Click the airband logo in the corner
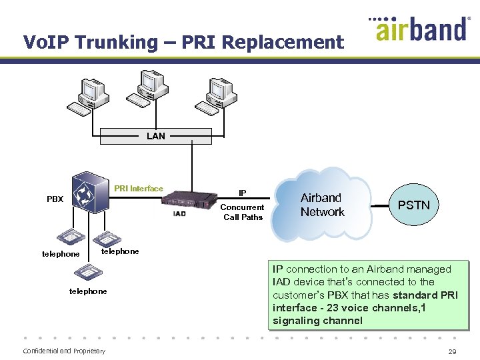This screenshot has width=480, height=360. point(419,29)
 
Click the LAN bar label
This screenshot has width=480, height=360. point(155,136)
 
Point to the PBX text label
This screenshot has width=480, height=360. point(55,199)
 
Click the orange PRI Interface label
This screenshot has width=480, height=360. point(138,189)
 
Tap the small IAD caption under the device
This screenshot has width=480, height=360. point(179,213)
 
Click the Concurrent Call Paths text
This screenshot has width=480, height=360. point(243,212)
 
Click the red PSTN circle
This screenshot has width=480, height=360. point(413,205)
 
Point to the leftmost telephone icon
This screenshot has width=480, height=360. point(69,237)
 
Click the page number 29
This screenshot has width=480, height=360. point(453,351)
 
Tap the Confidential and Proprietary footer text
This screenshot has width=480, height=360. point(64,351)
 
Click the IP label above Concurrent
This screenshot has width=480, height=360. point(243,193)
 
